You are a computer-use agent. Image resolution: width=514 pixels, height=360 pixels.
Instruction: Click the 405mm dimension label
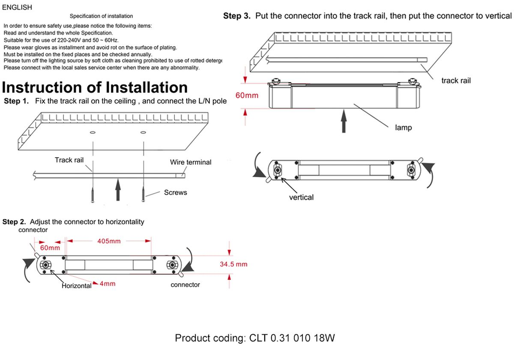(109, 241)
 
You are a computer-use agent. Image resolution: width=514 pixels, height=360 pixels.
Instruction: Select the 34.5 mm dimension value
(233, 264)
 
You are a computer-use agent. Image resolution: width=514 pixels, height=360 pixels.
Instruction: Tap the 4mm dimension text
(108, 284)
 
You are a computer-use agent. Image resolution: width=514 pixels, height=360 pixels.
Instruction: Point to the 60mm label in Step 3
(247, 95)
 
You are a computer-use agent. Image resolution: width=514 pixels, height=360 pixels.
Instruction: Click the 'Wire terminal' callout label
(191, 162)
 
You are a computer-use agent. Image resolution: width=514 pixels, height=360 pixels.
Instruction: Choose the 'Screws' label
(176, 192)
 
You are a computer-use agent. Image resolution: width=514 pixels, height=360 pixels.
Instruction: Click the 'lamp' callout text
(403, 128)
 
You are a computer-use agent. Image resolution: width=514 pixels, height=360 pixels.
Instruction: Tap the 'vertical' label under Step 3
(301, 198)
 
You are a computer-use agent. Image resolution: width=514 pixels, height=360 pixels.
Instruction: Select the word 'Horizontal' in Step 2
(77, 286)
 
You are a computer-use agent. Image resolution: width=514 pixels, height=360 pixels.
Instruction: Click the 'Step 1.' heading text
(16, 101)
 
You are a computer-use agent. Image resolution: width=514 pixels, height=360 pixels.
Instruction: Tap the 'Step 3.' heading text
(237, 16)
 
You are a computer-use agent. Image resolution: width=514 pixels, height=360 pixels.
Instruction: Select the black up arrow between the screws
(118, 190)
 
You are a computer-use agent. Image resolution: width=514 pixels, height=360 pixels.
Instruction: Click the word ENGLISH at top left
(17, 7)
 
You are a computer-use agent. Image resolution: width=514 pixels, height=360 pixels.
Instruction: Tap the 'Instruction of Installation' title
(95, 87)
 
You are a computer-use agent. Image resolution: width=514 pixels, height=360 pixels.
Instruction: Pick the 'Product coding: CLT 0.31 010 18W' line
(255, 338)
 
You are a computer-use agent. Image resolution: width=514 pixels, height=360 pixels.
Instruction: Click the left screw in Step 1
(92, 195)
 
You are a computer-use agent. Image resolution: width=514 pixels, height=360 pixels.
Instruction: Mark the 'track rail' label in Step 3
(456, 81)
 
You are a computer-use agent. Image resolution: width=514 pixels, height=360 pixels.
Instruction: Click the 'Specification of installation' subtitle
(102, 16)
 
